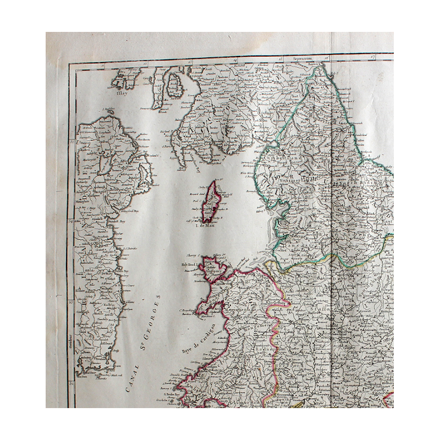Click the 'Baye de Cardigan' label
click(197, 337)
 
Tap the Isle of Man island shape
click(211, 201)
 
